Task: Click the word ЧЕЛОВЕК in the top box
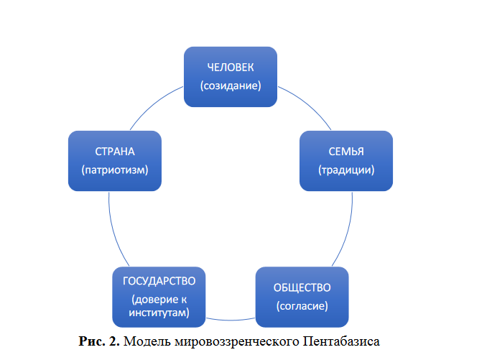tap(231, 68)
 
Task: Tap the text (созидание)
tap(231, 86)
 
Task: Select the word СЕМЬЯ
tap(345, 152)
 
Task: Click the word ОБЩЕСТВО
tap(302, 287)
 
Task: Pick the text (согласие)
tap(302, 306)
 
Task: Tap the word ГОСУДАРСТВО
tap(159, 280)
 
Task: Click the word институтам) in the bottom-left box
tap(159, 313)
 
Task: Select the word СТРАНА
tap(115, 152)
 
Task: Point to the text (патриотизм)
tap(115, 170)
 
